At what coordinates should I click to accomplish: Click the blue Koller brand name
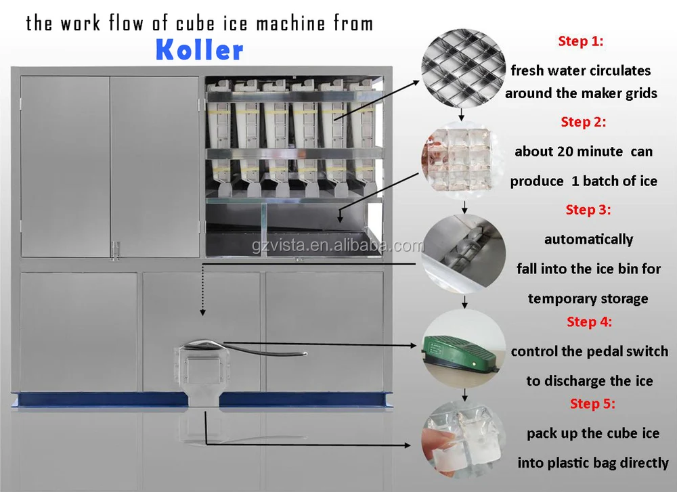click(199, 49)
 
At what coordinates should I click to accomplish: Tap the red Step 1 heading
click(580, 41)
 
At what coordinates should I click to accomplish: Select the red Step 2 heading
click(583, 122)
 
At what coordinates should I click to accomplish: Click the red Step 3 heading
click(588, 210)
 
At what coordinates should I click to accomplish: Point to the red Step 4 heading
click(589, 322)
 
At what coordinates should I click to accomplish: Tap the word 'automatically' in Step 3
click(588, 240)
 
